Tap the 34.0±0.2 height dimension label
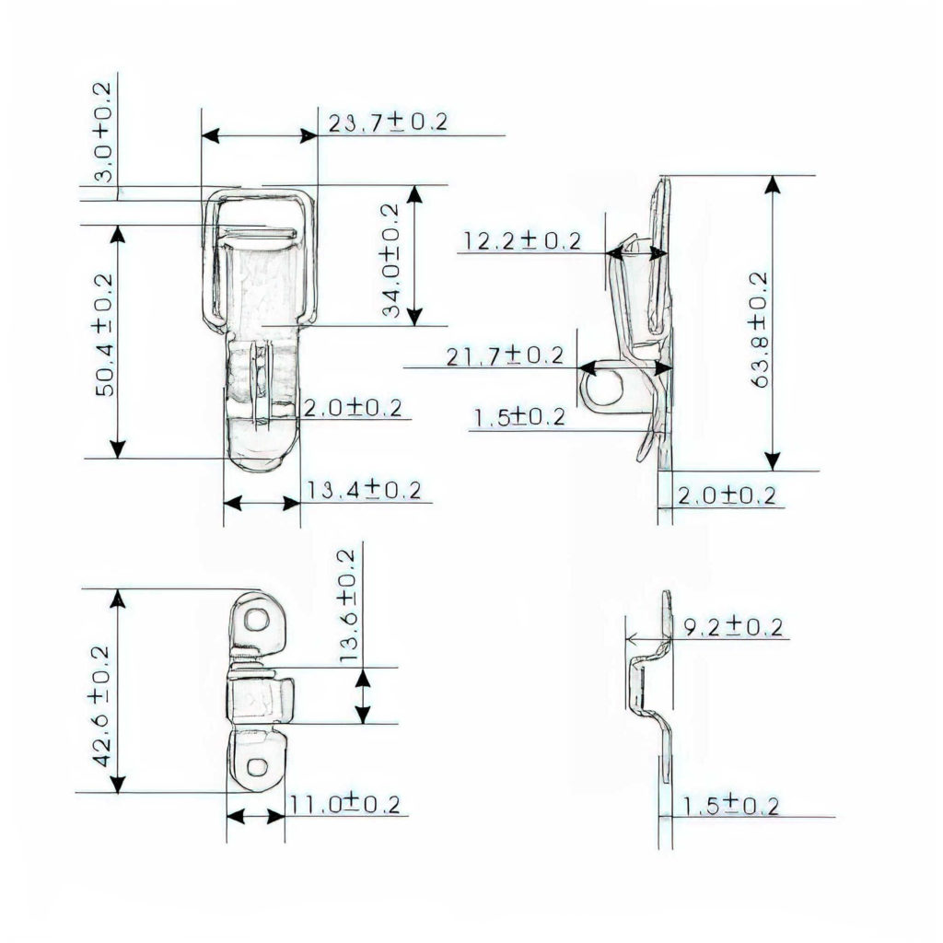(x=390, y=262)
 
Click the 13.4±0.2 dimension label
(x=364, y=491)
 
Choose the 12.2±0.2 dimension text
(x=522, y=241)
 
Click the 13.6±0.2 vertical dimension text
(x=347, y=607)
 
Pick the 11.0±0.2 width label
(x=344, y=805)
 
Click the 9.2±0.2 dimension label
(x=733, y=628)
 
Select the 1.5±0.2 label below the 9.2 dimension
(x=730, y=806)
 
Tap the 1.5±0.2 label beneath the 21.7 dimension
(x=518, y=417)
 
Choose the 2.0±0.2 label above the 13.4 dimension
(x=353, y=408)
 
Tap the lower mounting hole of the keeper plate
(x=257, y=765)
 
